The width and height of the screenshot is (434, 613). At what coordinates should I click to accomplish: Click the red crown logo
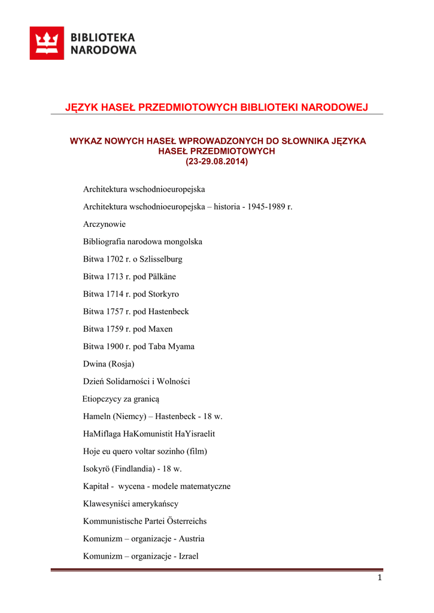click(47, 43)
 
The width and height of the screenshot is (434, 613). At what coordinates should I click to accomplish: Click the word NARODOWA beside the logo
click(104, 50)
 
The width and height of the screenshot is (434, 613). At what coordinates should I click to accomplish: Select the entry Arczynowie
click(104, 224)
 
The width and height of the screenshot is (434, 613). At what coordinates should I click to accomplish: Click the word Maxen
click(160, 329)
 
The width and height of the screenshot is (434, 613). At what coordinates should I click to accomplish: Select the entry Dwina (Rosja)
click(108, 363)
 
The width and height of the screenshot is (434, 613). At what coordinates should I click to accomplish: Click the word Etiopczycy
click(102, 399)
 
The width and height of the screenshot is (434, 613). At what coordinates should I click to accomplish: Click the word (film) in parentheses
click(197, 451)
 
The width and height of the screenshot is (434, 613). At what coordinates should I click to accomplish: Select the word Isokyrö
click(96, 469)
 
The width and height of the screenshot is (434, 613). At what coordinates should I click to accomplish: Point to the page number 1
click(380, 578)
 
